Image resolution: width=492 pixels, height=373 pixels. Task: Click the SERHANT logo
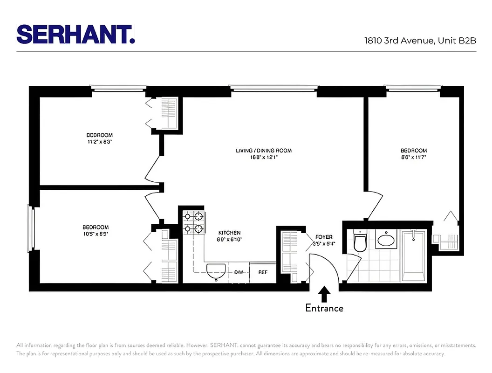pyautogui.click(x=75, y=34)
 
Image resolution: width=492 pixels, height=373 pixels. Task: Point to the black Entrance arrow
pyautogui.click(x=324, y=295)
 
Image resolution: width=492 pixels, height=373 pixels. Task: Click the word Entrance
pyautogui.click(x=324, y=308)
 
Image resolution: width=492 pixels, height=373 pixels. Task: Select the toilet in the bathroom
pyautogui.click(x=360, y=242)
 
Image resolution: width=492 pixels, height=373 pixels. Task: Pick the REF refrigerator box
pyautogui.click(x=263, y=272)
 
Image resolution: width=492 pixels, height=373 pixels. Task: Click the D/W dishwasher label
pyautogui.click(x=239, y=272)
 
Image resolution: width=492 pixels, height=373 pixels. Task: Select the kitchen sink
pyautogui.click(x=216, y=271)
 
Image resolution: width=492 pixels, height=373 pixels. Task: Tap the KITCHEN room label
pyautogui.click(x=230, y=233)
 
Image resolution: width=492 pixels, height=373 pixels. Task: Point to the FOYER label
pyautogui.click(x=324, y=237)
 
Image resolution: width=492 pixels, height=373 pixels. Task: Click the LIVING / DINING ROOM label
pyautogui.click(x=264, y=151)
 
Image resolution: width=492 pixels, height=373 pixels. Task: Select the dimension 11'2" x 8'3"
pyautogui.click(x=99, y=142)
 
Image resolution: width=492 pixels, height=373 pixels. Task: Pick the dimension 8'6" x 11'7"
pyautogui.click(x=414, y=157)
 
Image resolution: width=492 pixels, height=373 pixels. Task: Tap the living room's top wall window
pyautogui.click(x=273, y=88)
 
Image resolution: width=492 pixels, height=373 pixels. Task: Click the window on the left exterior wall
pyautogui.click(x=32, y=228)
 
